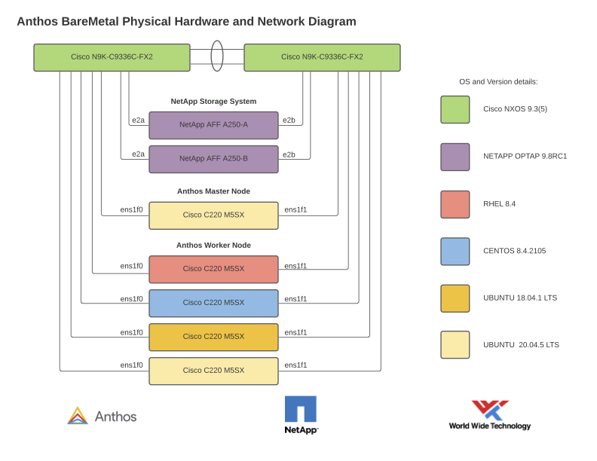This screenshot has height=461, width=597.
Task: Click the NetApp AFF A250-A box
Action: (x=213, y=125)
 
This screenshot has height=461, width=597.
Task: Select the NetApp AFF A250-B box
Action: (x=213, y=159)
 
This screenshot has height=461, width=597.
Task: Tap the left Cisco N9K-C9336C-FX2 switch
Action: (x=112, y=57)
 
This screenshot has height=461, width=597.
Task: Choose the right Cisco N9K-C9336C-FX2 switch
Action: (x=322, y=57)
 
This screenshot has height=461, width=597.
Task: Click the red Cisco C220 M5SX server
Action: (x=213, y=269)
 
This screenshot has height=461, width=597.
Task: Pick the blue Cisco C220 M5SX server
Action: (x=213, y=303)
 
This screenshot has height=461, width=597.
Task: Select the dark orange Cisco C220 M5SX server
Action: (x=213, y=337)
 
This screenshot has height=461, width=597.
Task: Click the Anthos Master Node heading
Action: (x=213, y=191)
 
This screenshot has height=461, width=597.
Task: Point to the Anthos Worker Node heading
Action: (x=213, y=246)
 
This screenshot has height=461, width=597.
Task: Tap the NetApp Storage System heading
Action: (x=213, y=101)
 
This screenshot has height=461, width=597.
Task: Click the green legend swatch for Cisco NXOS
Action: (x=455, y=109)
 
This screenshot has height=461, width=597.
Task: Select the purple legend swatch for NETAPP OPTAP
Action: (x=455, y=157)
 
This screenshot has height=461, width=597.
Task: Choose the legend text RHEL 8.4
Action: (x=499, y=204)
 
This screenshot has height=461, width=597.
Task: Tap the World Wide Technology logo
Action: (x=490, y=415)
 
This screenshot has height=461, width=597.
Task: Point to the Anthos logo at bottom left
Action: (x=102, y=416)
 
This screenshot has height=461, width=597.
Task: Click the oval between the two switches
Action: (x=217, y=56)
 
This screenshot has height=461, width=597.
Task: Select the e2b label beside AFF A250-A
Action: (x=289, y=121)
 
